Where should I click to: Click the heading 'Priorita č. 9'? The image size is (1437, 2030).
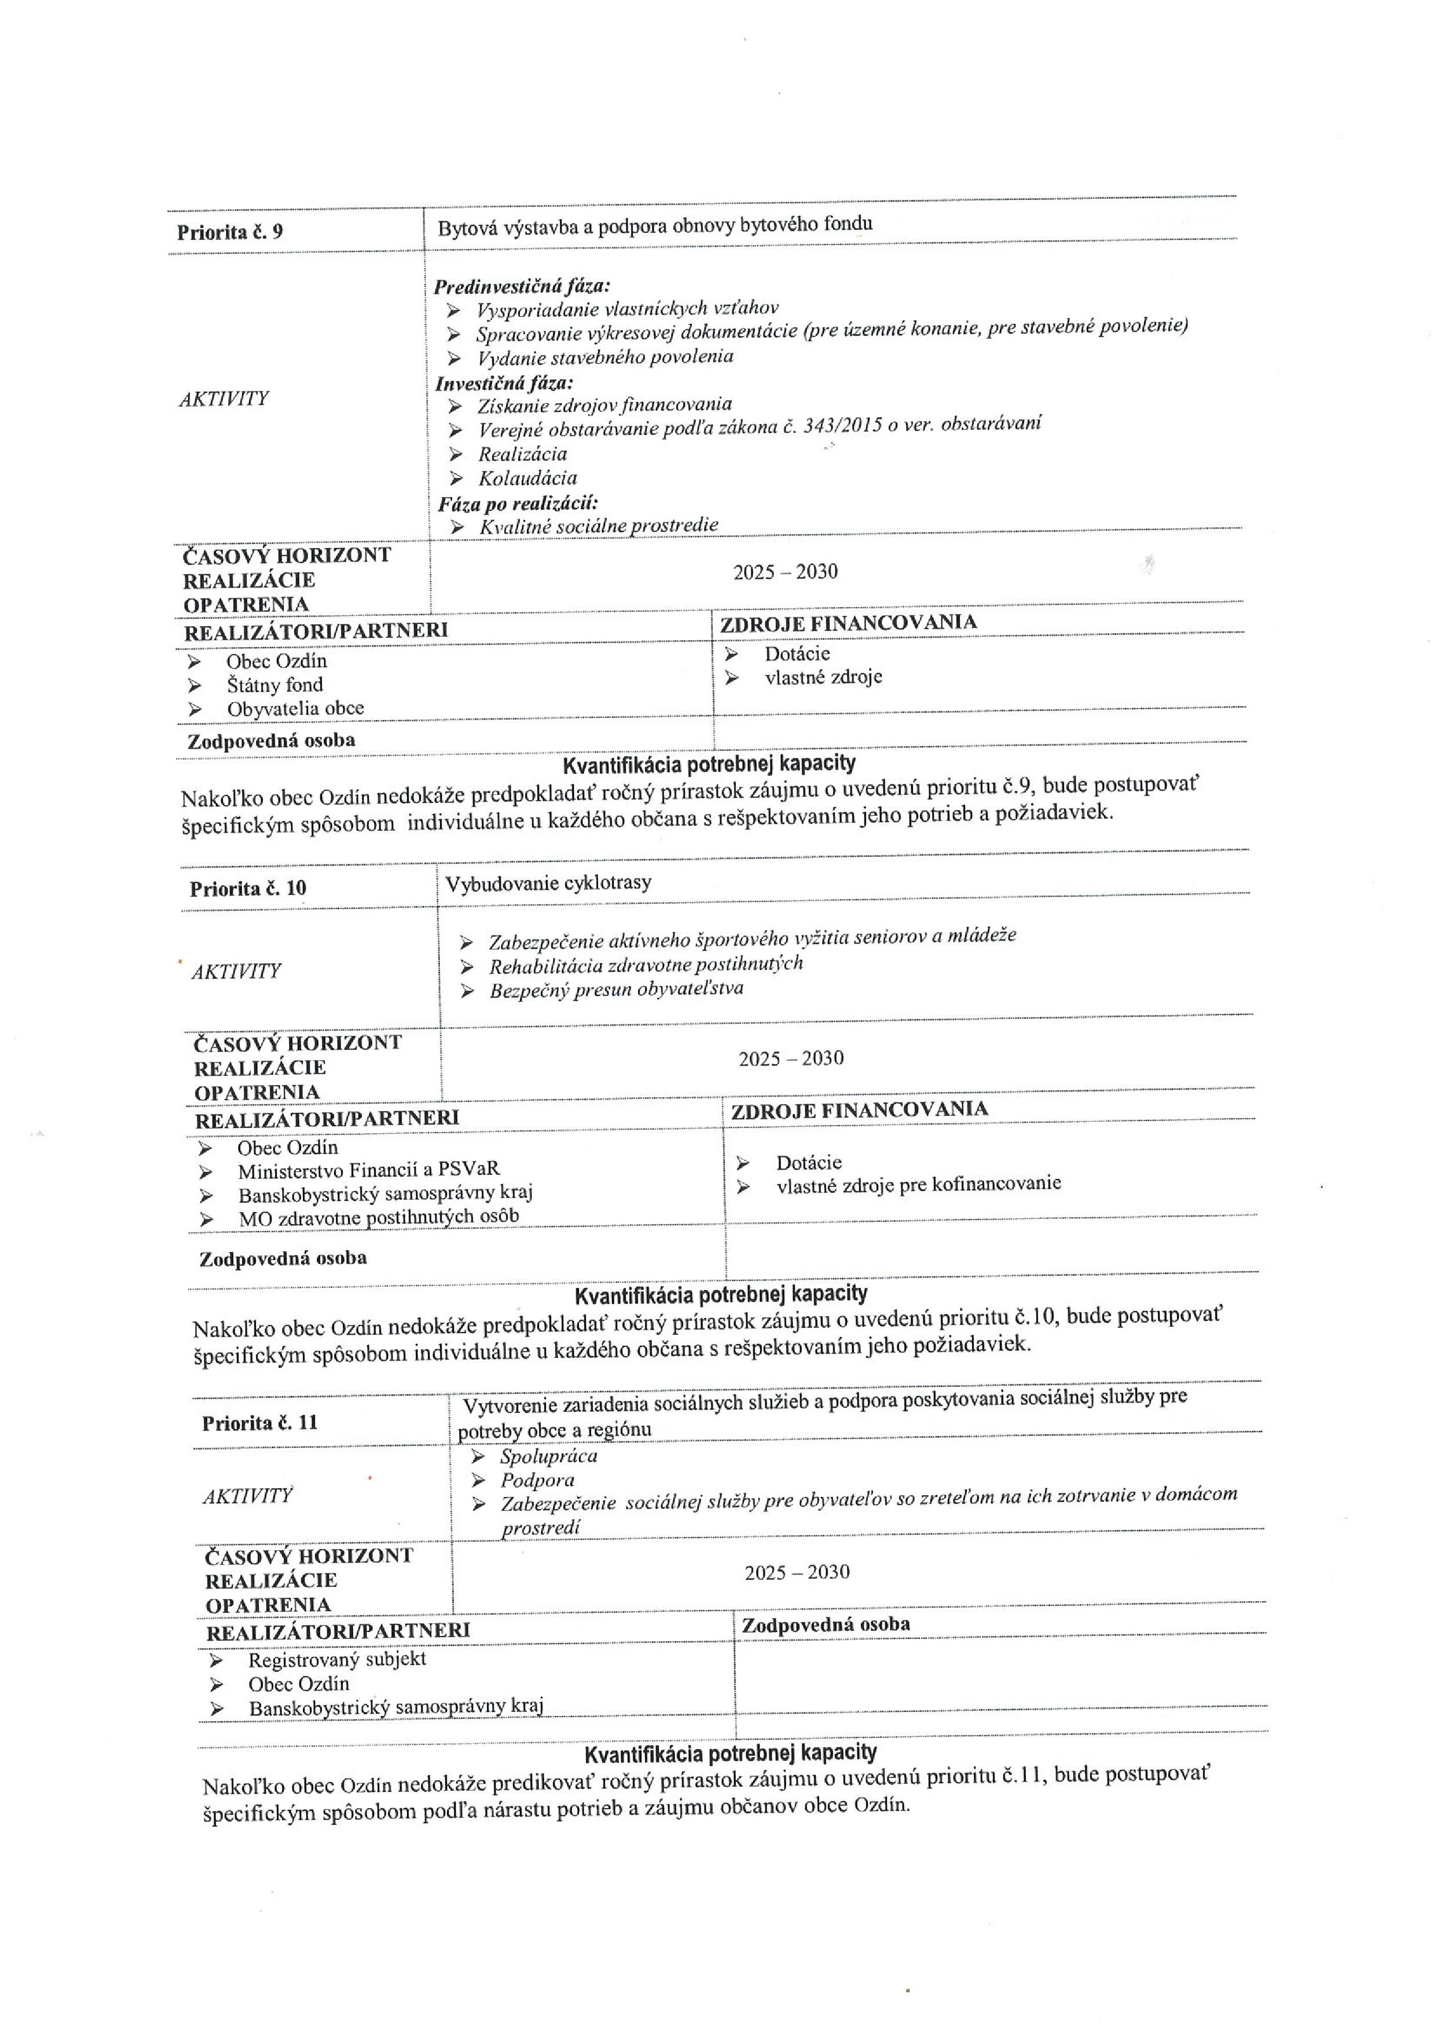(x=229, y=232)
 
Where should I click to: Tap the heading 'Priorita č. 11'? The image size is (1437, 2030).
(x=259, y=1422)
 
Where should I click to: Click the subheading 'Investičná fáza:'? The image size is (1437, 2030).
(x=504, y=383)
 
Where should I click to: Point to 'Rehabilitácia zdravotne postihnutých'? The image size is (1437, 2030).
(x=646, y=964)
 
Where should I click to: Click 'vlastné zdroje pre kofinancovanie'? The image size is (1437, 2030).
(x=918, y=1184)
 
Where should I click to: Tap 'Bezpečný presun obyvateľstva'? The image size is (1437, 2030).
(x=616, y=989)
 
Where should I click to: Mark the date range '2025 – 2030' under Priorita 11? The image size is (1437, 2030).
(x=796, y=1572)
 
